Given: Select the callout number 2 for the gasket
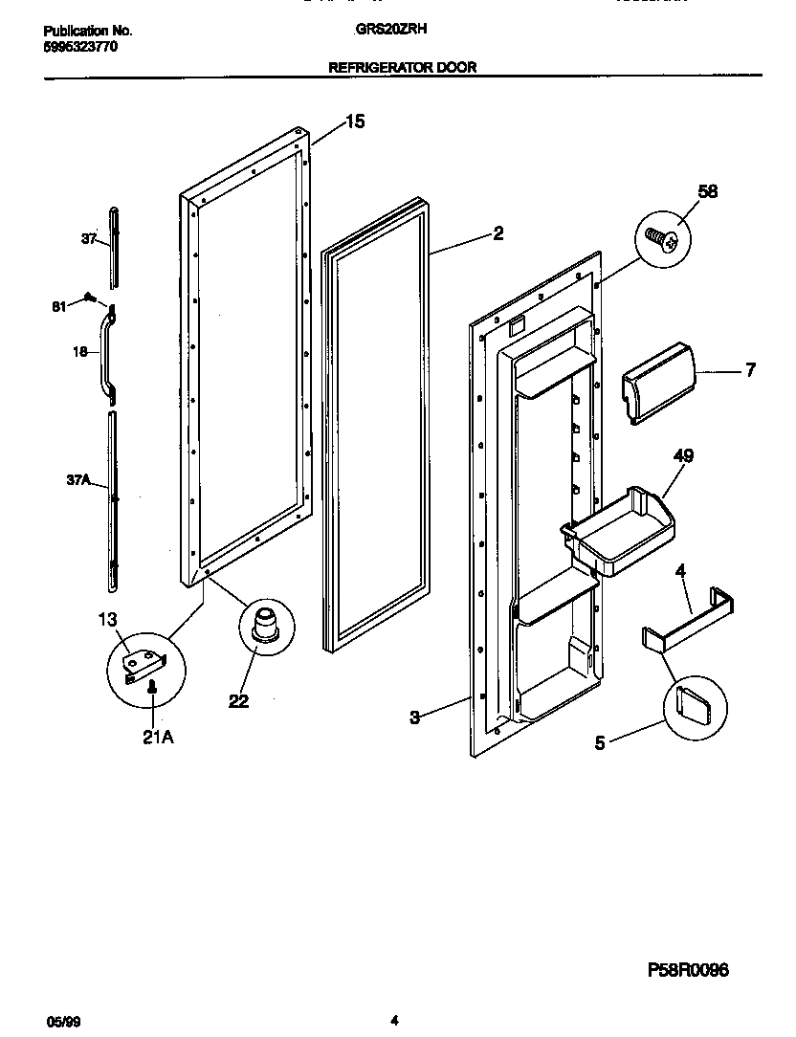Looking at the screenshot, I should [497, 232].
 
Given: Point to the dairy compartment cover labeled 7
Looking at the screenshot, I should [657, 380].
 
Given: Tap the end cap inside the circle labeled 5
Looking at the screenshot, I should [692, 706].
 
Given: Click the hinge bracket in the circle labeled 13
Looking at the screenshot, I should [145, 662].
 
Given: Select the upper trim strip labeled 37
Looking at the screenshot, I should [115, 245].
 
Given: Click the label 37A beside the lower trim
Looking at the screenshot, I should [78, 481].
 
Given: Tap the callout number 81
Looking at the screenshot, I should [58, 306].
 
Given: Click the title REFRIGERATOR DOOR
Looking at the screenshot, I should [403, 67].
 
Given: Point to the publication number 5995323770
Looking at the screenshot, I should [81, 45].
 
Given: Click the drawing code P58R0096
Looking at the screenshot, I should [689, 969].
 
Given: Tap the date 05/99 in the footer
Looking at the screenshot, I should [58, 1022].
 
